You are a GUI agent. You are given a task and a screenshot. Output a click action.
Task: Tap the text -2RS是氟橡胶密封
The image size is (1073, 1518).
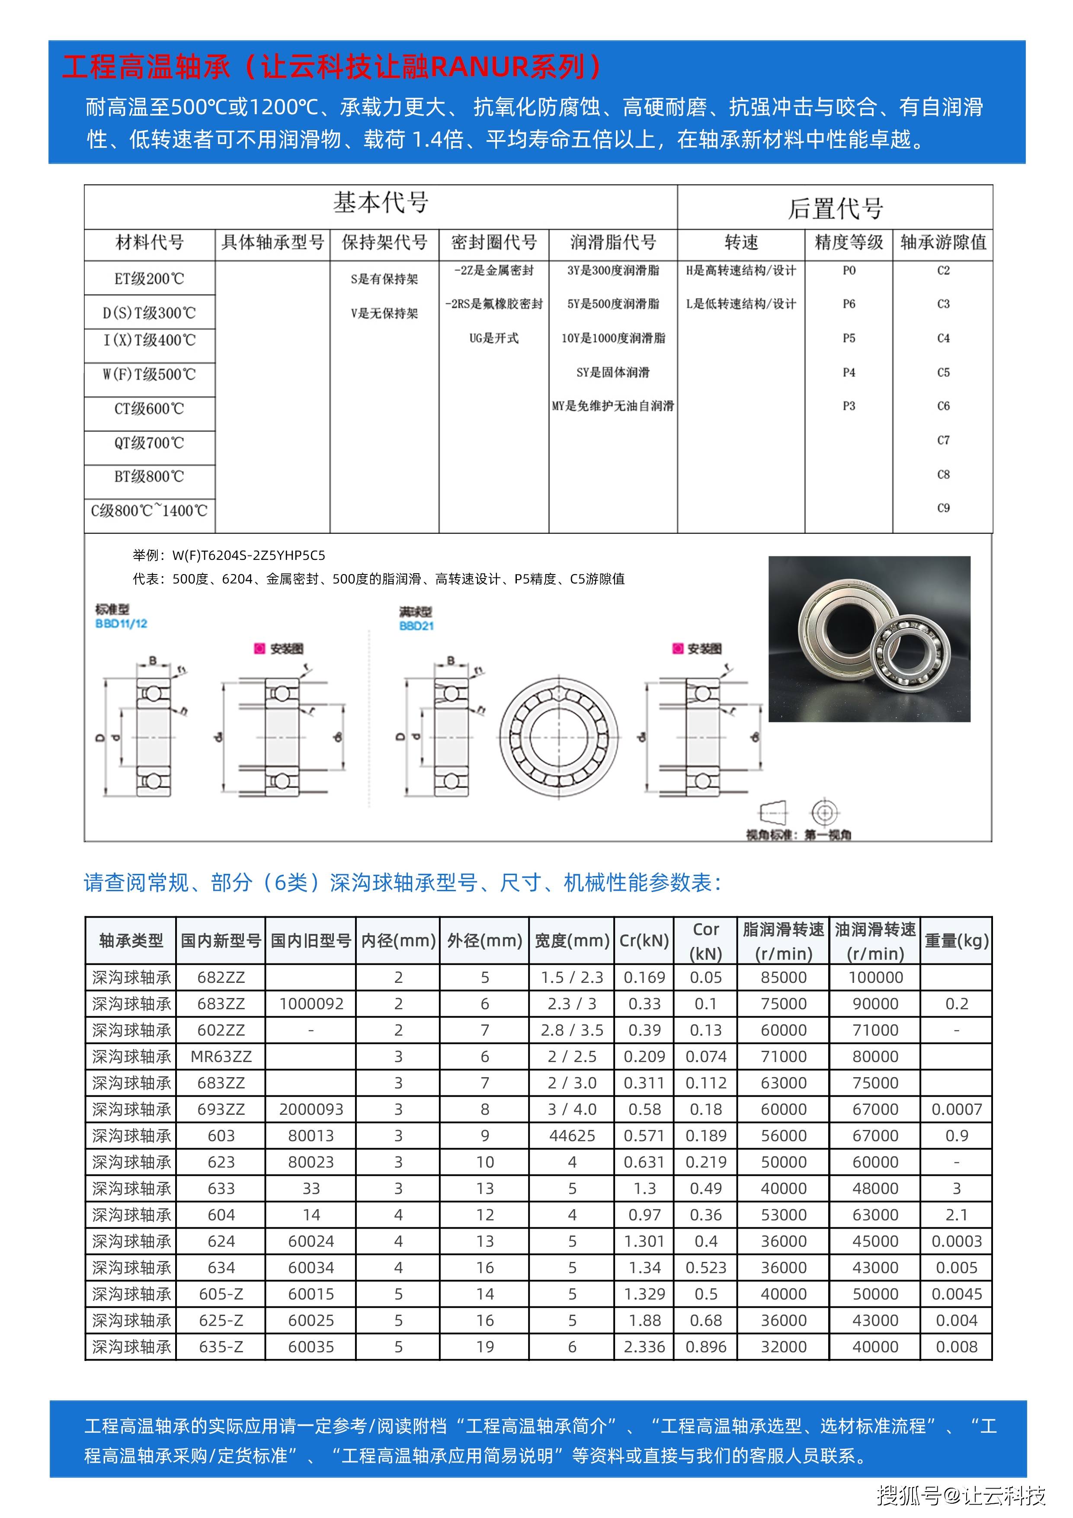(x=494, y=304)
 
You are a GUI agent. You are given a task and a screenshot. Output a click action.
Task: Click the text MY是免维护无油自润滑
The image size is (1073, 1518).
(x=613, y=406)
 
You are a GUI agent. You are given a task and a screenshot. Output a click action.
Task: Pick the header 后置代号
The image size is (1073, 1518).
(x=835, y=208)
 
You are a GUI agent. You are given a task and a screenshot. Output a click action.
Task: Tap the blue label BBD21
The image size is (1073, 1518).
(x=416, y=626)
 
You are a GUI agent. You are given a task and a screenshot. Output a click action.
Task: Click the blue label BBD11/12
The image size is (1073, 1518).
(x=121, y=623)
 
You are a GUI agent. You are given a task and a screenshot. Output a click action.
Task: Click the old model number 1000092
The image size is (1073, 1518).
(x=311, y=1004)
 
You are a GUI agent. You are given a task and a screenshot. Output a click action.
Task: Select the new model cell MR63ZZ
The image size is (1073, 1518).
(x=221, y=1056)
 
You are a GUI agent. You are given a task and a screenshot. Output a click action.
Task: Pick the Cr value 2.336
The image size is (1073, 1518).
(x=644, y=1347)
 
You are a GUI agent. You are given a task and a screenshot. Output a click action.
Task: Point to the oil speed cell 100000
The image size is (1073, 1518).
(x=875, y=977)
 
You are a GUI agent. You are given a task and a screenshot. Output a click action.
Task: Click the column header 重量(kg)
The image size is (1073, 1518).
(x=956, y=941)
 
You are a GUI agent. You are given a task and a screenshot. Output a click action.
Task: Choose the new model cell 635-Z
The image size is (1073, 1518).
(x=221, y=1347)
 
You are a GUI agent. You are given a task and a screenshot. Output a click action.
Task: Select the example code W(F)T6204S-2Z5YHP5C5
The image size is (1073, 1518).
(x=249, y=555)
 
